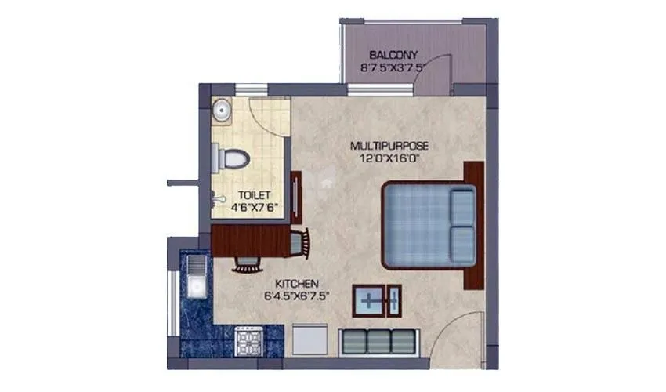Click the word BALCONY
point(395,56)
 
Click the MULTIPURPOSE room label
point(389,147)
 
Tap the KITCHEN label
point(296,283)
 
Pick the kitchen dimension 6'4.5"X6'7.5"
point(296,296)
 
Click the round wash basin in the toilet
point(222,111)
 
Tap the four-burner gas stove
point(249,342)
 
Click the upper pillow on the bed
point(463,205)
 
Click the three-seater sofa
point(379,343)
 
